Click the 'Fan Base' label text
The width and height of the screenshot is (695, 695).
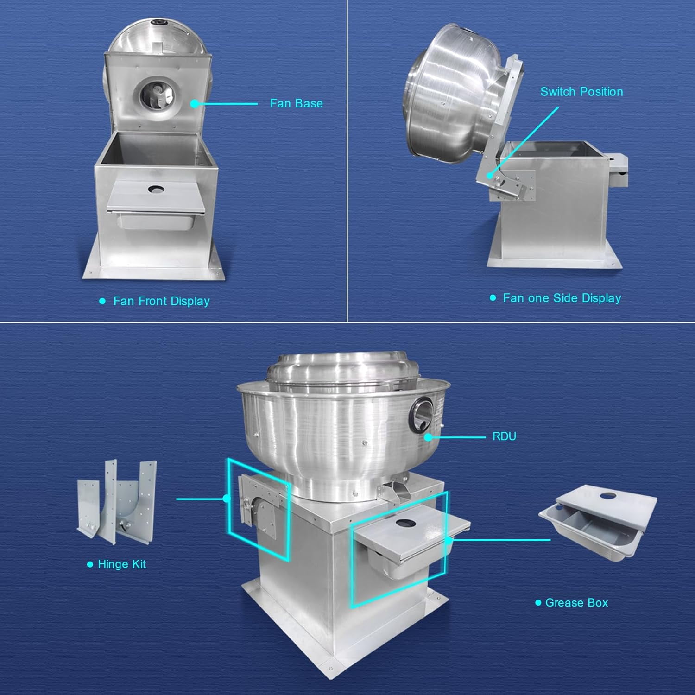click(x=297, y=103)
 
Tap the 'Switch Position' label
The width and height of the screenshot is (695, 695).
click(x=581, y=92)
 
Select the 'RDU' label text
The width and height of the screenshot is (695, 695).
click(x=504, y=436)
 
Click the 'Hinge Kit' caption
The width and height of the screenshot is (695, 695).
click(x=122, y=564)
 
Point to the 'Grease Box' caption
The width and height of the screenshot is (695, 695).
click(x=576, y=603)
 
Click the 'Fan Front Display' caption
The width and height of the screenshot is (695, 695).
click(x=162, y=301)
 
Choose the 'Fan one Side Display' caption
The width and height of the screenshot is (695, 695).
click(x=562, y=298)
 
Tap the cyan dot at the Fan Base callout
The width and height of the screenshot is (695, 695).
click(x=195, y=104)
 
